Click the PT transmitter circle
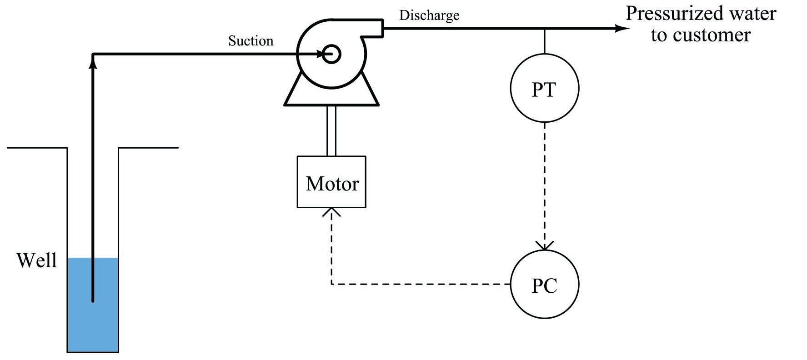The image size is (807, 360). point(544,88)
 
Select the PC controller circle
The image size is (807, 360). point(544,285)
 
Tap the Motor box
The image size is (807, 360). point(331,182)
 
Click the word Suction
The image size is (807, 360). point(251,41)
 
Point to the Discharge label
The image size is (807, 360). point(429,15)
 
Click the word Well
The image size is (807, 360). point(36,260)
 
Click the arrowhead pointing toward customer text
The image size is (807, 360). point(622,28)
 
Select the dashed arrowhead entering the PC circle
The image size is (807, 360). point(544,246)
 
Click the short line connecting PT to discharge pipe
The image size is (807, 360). point(544,41)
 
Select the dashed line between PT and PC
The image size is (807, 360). point(544,182)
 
